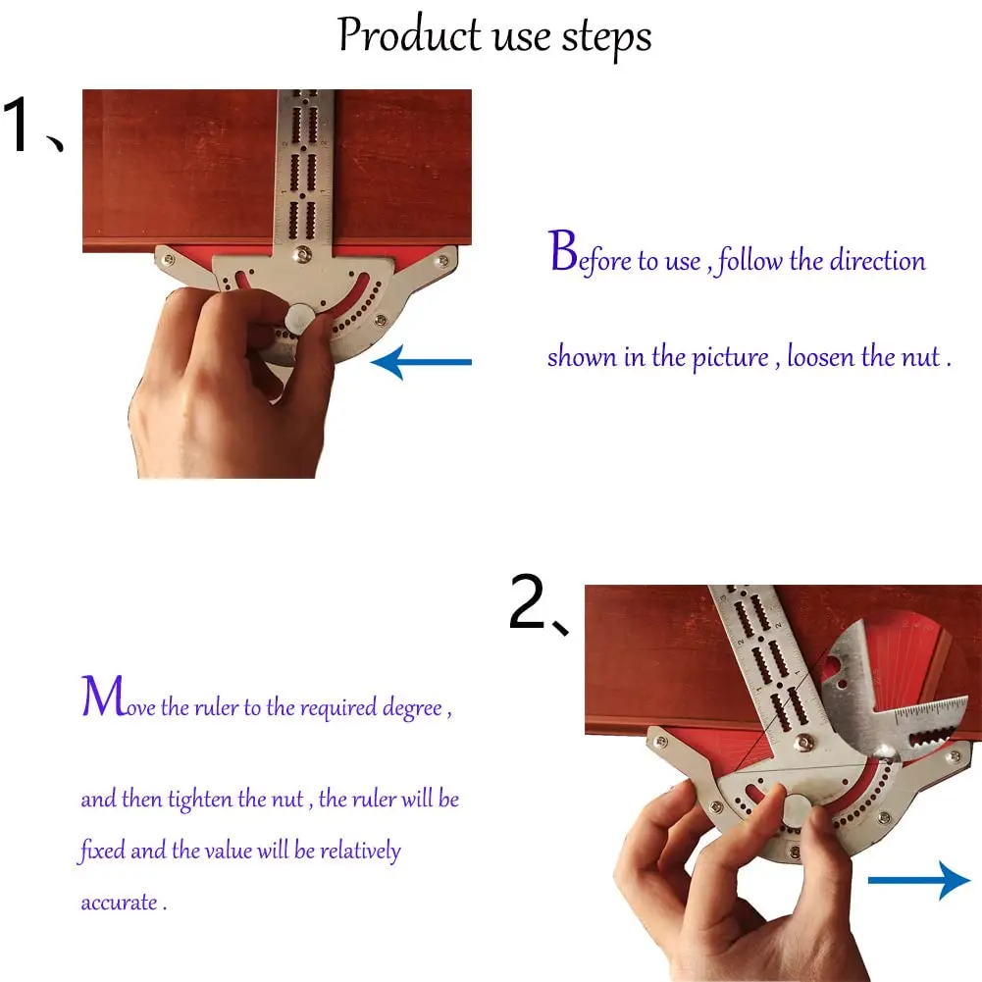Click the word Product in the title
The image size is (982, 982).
point(410,35)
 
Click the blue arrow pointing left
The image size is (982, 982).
point(421,362)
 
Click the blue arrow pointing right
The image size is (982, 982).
point(919,880)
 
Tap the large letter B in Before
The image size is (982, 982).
point(563,250)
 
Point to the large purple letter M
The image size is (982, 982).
point(103,696)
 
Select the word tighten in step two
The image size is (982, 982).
point(200,800)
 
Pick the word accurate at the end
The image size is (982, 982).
point(119,903)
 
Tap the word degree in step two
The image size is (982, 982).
point(413,708)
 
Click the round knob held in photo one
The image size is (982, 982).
point(299,318)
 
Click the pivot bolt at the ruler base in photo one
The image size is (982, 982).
point(304,254)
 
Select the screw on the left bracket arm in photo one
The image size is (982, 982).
point(168,259)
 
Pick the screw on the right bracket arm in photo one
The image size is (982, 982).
point(442,260)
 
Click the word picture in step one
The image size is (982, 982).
point(730,358)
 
